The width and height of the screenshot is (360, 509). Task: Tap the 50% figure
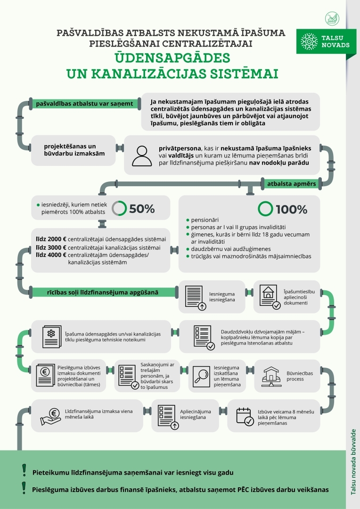[x=142, y=209]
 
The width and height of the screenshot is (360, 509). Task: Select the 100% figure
[x=291, y=209]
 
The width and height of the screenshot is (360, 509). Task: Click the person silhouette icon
[x=142, y=156]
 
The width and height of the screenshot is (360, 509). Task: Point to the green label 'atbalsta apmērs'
[x=292, y=184]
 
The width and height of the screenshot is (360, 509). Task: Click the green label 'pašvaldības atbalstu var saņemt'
[x=84, y=104]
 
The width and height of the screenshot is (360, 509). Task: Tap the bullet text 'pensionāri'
[x=205, y=220]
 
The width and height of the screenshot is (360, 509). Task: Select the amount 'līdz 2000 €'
[x=51, y=239]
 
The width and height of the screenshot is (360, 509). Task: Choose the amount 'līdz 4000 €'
[x=51, y=255]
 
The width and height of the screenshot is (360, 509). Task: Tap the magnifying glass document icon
[x=201, y=377]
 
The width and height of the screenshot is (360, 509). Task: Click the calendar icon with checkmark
[x=245, y=417]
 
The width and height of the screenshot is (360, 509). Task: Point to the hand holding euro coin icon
[x=50, y=417]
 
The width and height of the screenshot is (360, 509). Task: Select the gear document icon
[x=52, y=337]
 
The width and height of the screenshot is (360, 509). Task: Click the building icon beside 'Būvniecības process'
[x=271, y=377]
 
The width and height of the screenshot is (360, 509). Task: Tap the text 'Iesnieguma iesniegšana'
[x=222, y=297]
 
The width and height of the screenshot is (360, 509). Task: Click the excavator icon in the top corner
[x=332, y=19]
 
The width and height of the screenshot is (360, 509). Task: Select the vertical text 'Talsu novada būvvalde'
[x=353, y=462]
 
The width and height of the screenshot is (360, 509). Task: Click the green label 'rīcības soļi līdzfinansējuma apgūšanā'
[x=103, y=292]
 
